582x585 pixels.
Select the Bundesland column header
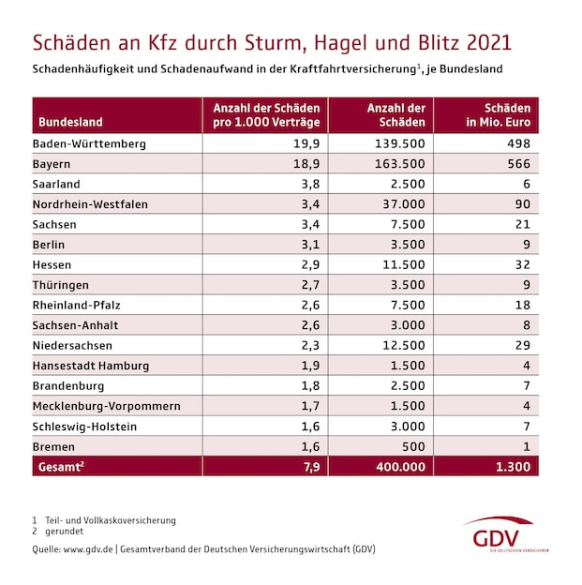click(x=71, y=122)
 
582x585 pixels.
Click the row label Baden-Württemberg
click(x=89, y=143)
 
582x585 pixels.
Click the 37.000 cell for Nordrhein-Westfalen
click(x=403, y=204)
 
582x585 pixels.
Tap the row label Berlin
click(x=51, y=245)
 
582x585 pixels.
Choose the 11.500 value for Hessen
click(x=403, y=265)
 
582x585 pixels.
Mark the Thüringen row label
click(x=62, y=285)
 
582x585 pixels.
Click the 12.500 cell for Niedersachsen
click(x=403, y=346)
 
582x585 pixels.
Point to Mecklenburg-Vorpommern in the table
click(x=106, y=406)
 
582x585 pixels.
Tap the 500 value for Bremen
click(x=413, y=446)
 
